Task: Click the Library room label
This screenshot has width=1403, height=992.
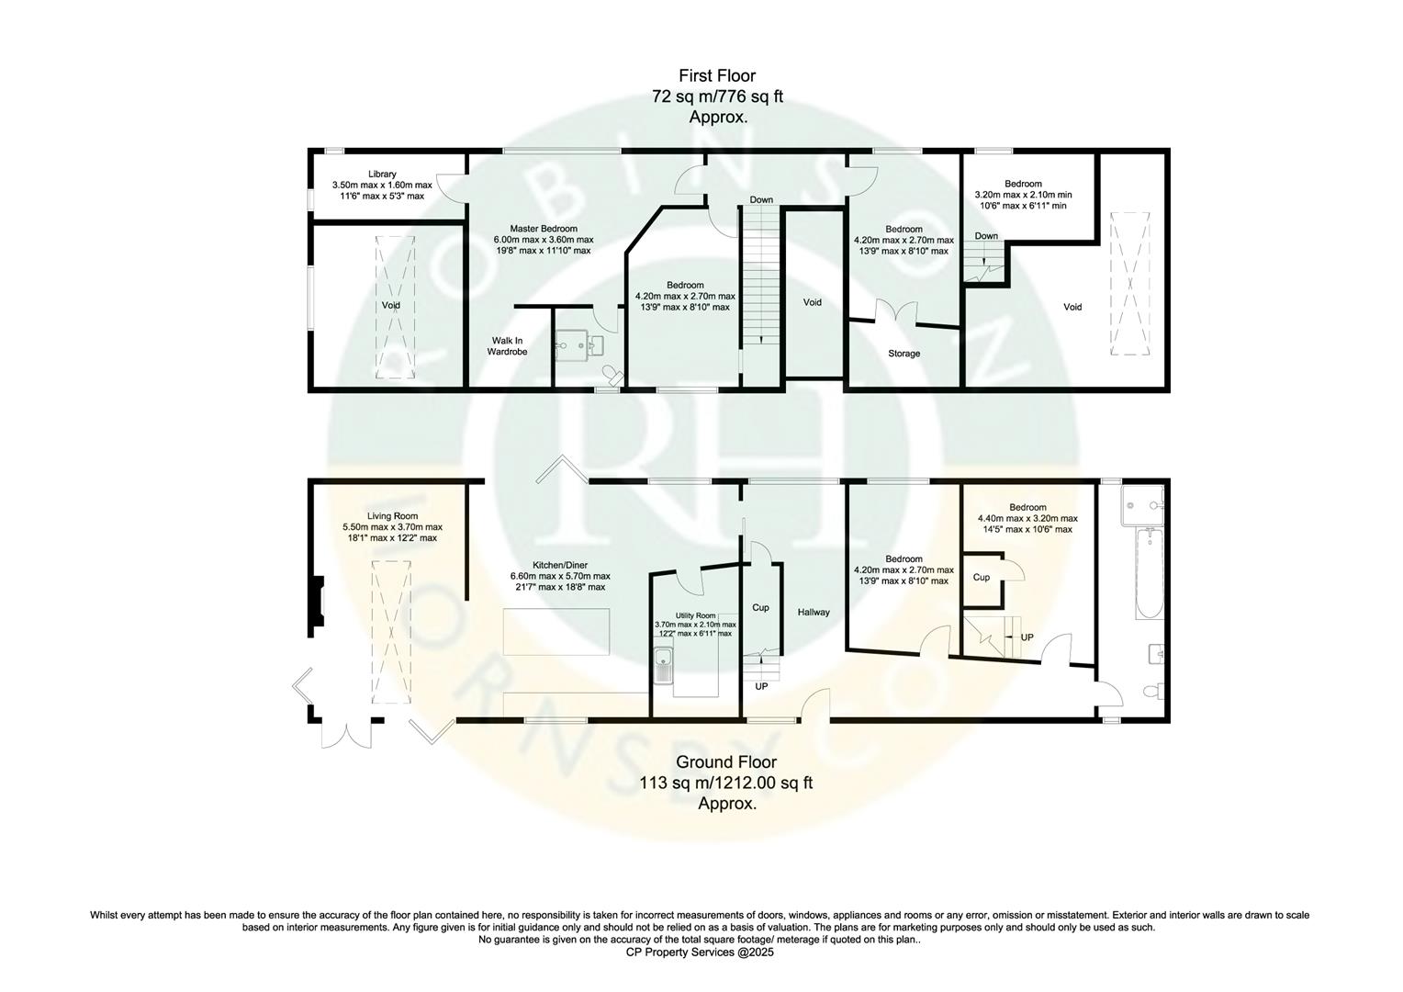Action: (382, 174)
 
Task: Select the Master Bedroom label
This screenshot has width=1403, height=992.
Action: (544, 229)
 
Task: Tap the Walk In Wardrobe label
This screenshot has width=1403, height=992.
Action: (507, 346)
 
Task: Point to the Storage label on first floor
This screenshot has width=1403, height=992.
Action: (904, 354)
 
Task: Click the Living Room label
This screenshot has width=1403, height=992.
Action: (392, 516)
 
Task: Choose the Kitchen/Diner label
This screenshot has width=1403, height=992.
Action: (560, 565)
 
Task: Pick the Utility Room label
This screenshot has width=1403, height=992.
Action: (693, 615)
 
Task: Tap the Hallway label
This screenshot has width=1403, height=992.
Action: (814, 612)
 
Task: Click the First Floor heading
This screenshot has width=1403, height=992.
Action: (717, 75)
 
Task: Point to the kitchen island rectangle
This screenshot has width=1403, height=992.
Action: (556, 632)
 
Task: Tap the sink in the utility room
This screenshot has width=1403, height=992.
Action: (664, 663)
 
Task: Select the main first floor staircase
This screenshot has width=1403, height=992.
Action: (760, 276)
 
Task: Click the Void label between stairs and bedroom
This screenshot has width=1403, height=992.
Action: (813, 302)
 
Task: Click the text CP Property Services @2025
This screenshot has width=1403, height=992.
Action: (701, 953)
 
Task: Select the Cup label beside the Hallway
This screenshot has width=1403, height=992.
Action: (760, 607)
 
